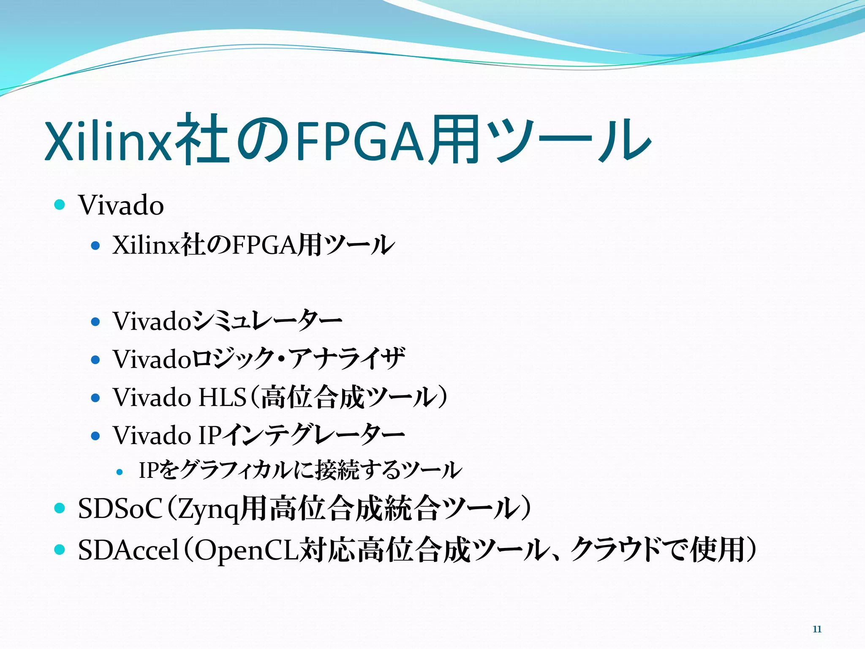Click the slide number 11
coord(817,629)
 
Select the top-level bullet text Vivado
coord(121,206)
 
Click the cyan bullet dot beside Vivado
coord(60,205)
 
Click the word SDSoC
coord(120,509)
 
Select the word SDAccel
coord(128,550)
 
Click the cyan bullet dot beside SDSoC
coord(60,508)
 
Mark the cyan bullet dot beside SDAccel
coord(60,549)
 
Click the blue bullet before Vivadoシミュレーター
coord(95,322)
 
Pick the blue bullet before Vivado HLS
coord(95,398)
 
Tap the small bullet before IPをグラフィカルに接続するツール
coord(120,472)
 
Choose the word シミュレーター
coord(267,321)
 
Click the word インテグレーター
coord(313,435)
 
